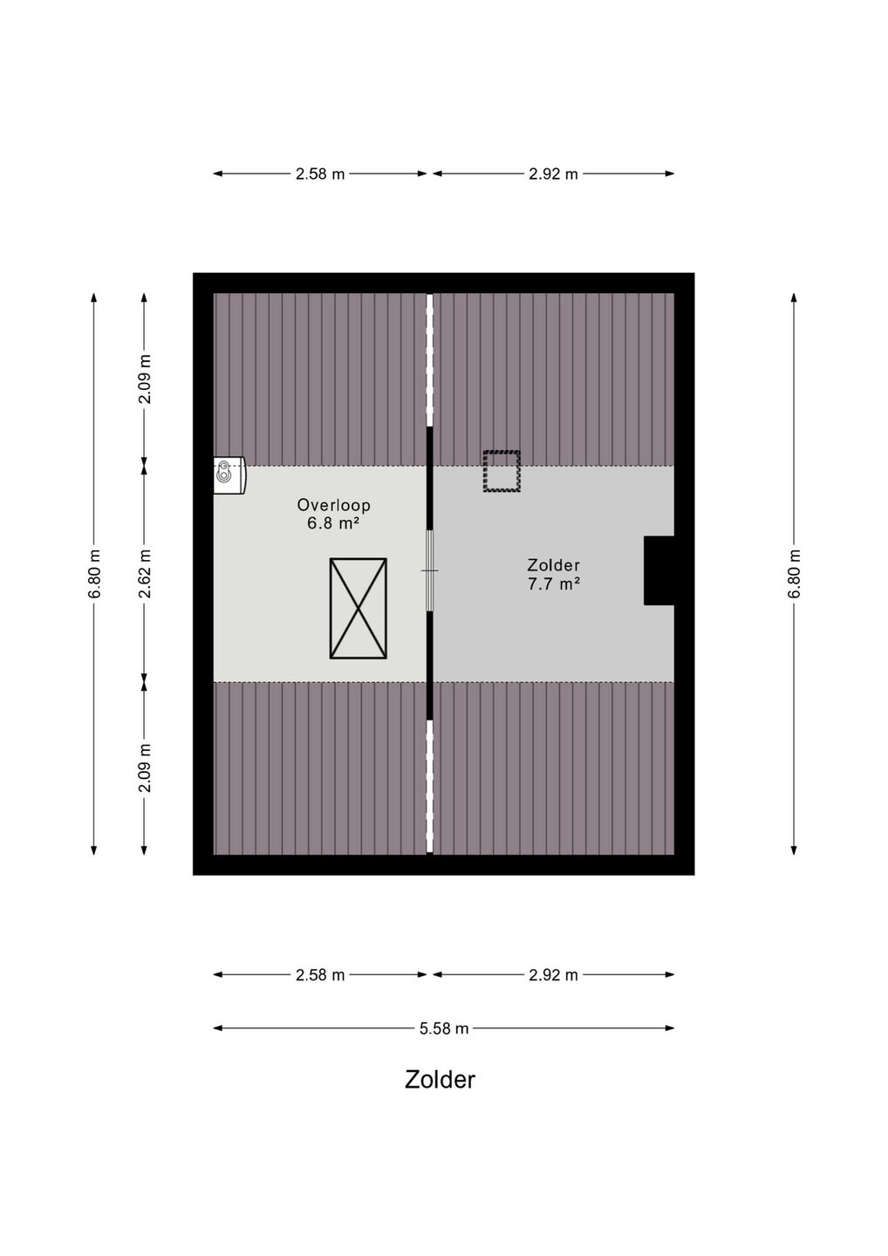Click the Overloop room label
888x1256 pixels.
(x=333, y=505)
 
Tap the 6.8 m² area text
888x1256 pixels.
(x=333, y=523)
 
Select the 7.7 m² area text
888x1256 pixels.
(x=553, y=584)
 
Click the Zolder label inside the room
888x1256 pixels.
(x=553, y=565)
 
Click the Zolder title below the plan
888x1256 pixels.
(x=441, y=1080)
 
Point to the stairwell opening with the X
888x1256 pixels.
(x=359, y=609)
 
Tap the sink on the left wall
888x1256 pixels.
(x=229, y=475)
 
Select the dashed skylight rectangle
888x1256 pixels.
(x=502, y=471)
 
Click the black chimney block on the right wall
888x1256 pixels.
(x=659, y=570)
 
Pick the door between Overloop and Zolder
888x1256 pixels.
(x=429, y=570)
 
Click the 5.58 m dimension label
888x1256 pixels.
(x=444, y=1028)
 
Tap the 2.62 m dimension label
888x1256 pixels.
(x=145, y=574)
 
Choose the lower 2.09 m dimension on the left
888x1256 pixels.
(x=145, y=768)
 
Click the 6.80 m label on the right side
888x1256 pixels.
(x=794, y=574)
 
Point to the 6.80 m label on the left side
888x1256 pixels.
(x=94, y=574)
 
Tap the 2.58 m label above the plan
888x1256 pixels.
(x=320, y=174)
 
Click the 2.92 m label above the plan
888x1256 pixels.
(x=553, y=174)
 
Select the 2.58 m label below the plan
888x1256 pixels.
(x=320, y=975)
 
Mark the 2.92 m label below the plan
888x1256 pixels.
(x=553, y=975)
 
